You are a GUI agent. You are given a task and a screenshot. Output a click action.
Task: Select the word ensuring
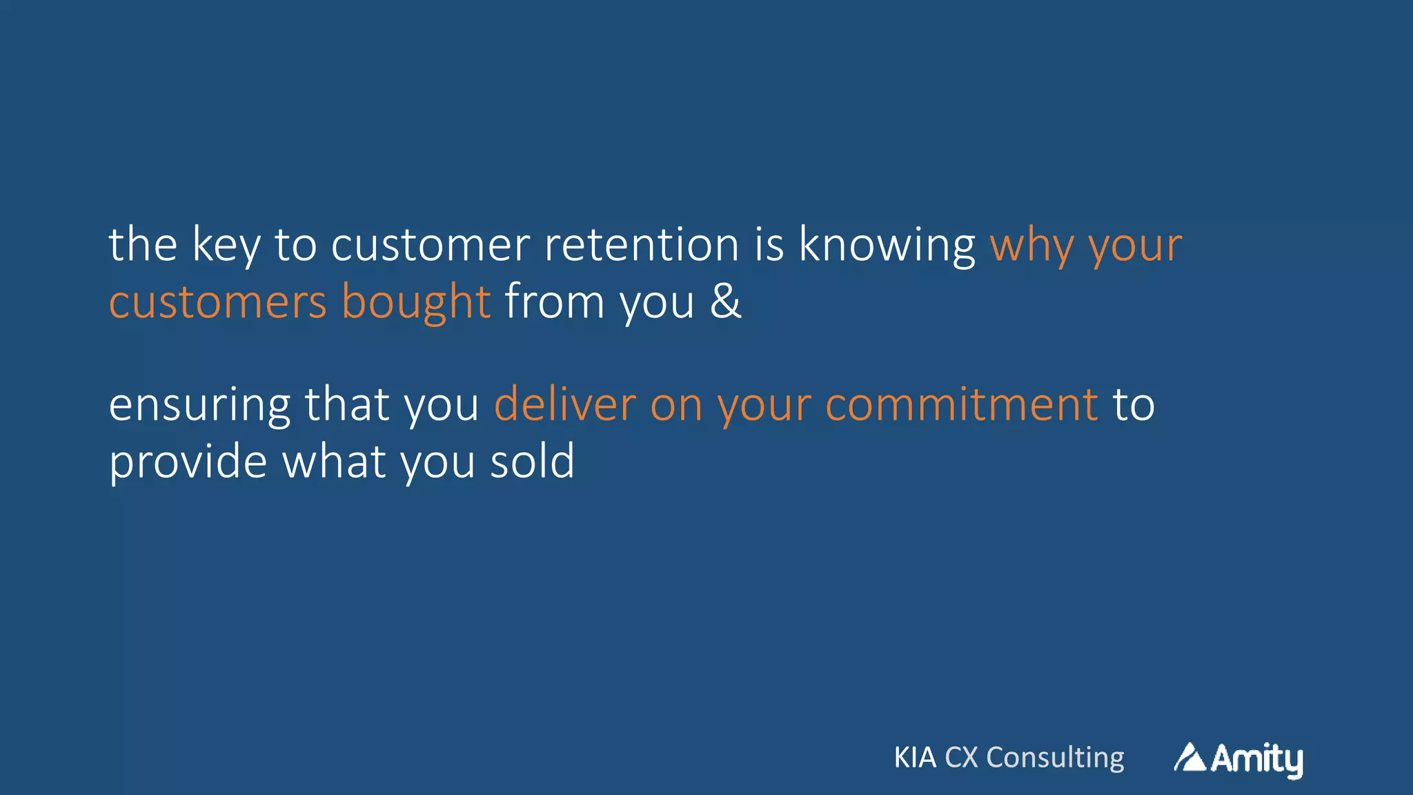click(x=199, y=405)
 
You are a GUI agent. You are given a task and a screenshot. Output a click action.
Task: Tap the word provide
click(x=188, y=462)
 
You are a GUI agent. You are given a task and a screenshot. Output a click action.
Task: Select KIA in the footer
click(x=915, y=758)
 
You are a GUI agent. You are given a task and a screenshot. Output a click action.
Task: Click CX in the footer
click(x=961, y=758)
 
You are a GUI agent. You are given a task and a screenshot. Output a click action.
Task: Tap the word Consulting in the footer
click(x=1055, y=758)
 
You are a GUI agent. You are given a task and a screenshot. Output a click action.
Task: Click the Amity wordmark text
click(x=1256, y=759)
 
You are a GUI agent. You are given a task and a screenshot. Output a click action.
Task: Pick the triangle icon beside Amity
click(x=1189, y=758)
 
